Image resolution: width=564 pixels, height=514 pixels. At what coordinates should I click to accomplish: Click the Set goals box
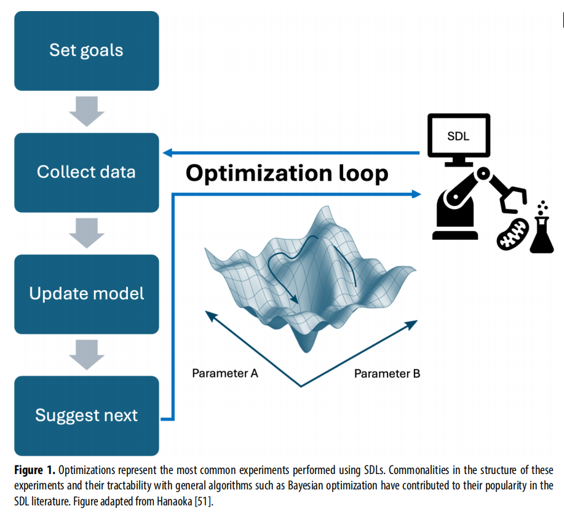87,50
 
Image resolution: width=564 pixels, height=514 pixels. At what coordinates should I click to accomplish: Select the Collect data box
87,173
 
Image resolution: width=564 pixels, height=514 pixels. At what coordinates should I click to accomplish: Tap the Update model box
87,295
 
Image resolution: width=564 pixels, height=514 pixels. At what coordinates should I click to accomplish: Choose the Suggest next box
87,416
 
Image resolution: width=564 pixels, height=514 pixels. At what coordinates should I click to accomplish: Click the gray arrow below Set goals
87,111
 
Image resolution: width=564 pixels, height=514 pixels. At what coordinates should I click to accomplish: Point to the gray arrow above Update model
87,233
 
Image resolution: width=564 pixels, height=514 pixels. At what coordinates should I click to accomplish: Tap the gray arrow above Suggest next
87,355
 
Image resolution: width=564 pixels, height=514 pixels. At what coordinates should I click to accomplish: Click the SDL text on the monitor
458,136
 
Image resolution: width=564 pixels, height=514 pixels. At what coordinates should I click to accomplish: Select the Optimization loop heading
287,173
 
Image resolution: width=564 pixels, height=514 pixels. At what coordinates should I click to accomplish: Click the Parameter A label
225,373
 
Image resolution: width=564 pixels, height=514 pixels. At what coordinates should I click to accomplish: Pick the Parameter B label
387,374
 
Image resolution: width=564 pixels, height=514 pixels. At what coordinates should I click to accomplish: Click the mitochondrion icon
512,234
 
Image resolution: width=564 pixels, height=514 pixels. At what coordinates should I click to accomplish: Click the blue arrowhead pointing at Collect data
168,153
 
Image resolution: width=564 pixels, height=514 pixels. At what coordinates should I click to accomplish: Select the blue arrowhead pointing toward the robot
416,194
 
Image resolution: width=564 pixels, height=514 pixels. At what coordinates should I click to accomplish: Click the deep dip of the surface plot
306,342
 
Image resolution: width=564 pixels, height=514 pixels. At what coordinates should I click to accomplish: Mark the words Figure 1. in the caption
34,470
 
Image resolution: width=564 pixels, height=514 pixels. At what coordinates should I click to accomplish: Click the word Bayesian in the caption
306,486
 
